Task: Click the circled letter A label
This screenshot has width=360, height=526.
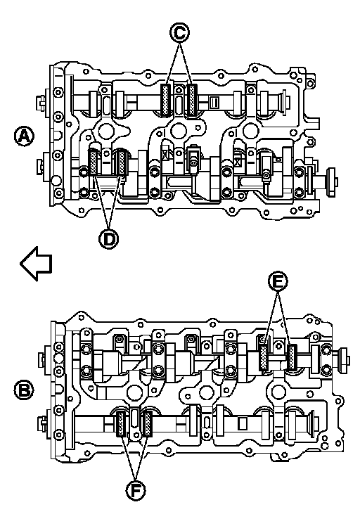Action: [x=24, y=136]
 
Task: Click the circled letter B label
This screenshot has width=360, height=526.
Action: [x=24, y=390]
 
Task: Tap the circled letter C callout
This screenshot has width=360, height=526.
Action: [x=179, y=33]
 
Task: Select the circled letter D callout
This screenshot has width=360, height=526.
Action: [x=109, y=239]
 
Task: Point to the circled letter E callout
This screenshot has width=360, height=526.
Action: [x=278, y=282]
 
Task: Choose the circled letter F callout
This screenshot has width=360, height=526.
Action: [x=136, y=491]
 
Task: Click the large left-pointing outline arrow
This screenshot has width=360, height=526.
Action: [x=36, y=263]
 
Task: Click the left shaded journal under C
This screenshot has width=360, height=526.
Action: [x=166, y=101]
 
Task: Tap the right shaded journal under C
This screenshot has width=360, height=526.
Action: [x=192, y=101]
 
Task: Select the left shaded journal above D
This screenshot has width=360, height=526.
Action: [x=93, y=162]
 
